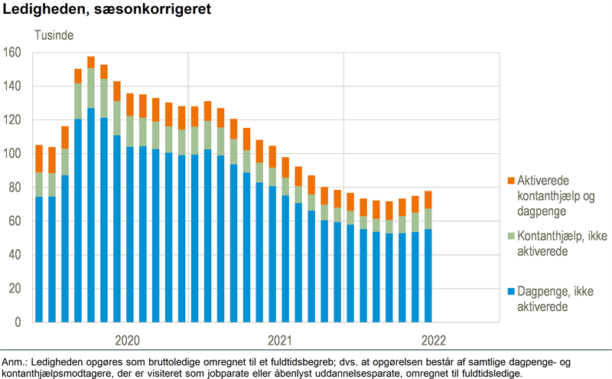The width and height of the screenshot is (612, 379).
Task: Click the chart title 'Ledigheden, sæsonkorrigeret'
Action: pos(107,11)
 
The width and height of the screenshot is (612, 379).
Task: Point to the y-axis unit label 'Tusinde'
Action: pos(52,34)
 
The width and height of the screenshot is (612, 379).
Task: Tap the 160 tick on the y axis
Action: pos(13,53)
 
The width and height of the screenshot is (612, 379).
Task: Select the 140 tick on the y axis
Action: pos(13,87)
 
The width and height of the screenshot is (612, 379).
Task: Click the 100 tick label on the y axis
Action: pos(13,154)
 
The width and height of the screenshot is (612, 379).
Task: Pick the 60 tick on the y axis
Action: pos(15,221)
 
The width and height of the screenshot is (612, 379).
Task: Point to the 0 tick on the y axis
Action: pos(18,322)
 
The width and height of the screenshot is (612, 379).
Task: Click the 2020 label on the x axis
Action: pos(128,340)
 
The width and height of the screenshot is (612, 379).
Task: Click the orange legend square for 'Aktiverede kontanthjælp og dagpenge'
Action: pos(509,180)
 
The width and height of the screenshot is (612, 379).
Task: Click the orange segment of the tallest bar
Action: pos(91,62)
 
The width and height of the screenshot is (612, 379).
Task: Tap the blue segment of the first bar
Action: pos(38,260)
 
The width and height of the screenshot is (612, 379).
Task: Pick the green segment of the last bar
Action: pos(429,219)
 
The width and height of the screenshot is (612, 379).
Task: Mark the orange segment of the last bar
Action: pos(429,200)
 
